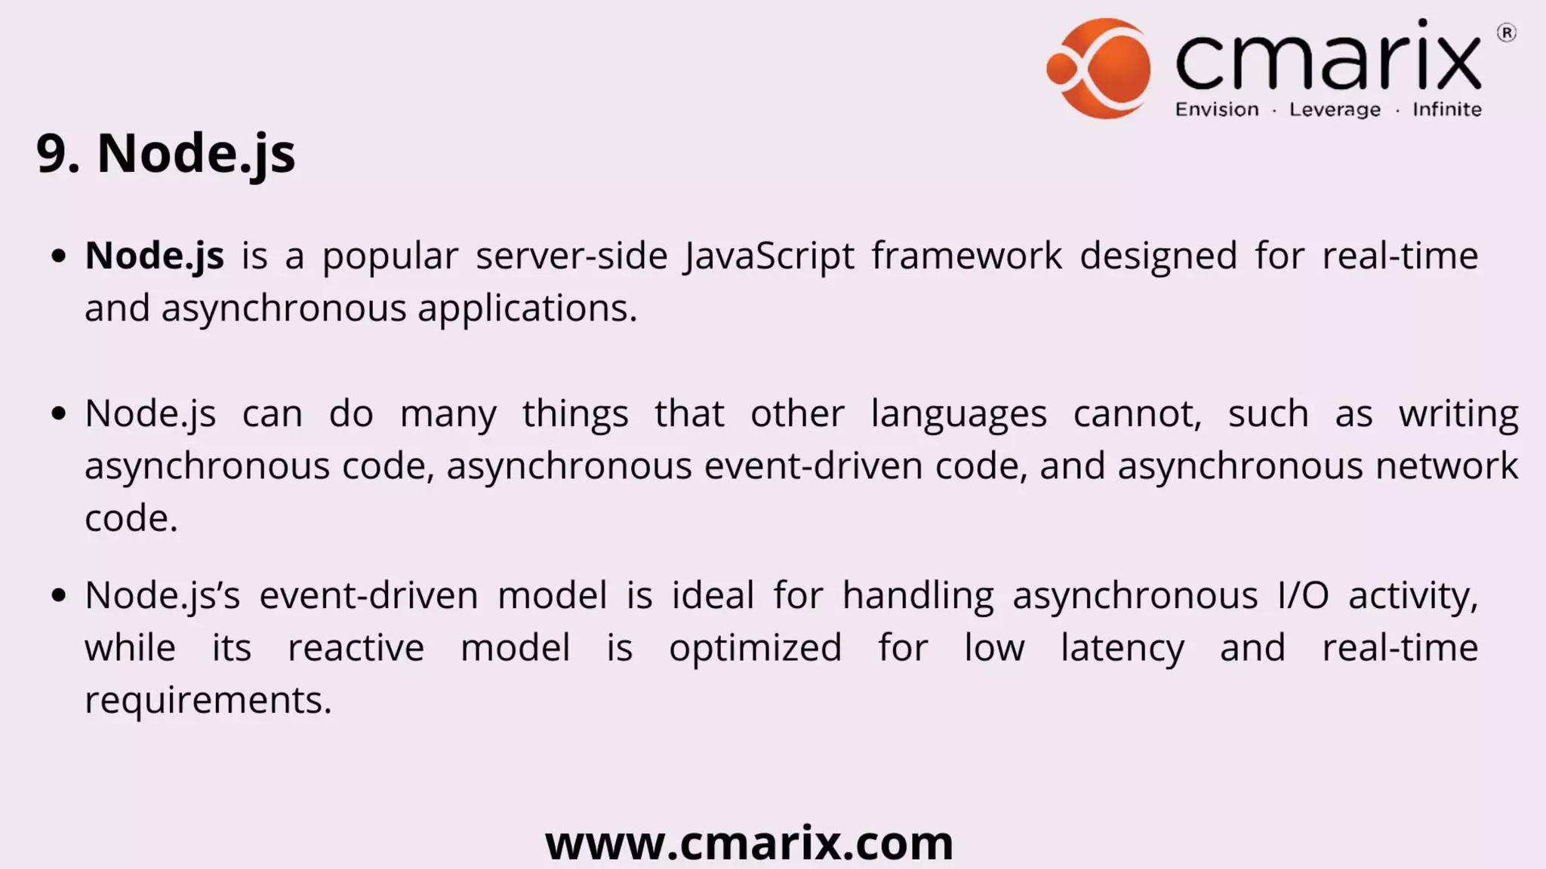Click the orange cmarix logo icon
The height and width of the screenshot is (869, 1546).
[x=1099, y=69]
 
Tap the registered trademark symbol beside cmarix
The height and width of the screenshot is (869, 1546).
[x=1506, y=33]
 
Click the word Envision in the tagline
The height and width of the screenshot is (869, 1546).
[x=1217, y=110]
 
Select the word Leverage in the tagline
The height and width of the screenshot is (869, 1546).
[x=1335, y=110]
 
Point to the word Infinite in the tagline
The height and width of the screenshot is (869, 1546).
[x=1446, y=110]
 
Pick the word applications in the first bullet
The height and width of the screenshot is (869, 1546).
[x=527, y=309]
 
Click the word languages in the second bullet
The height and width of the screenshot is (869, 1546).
[x=959, y=414]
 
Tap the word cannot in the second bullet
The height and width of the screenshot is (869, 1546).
[x=1137, y=414]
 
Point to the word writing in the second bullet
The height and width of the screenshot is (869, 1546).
[x=1458, y=414]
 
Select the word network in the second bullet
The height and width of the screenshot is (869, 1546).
[x=1446, y=466]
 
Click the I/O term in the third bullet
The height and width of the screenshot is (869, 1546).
[x=1303, y=596]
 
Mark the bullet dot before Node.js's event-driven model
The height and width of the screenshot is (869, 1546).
[x=59, y=596]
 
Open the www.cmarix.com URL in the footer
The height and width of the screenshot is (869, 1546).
[x=749, y=843]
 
